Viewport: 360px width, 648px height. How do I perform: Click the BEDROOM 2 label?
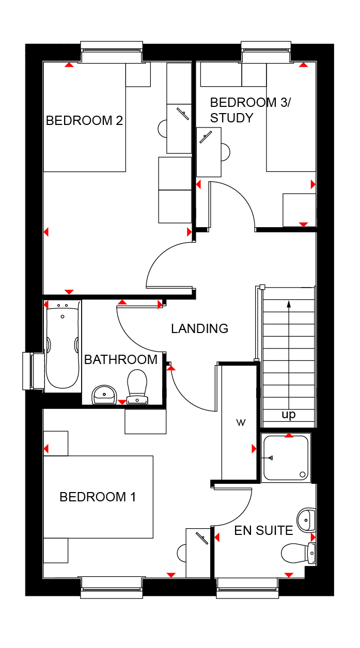[x=84, y=121]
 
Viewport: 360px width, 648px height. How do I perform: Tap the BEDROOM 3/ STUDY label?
[x=251, y=110]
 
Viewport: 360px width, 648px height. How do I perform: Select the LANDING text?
[x=200, y=328]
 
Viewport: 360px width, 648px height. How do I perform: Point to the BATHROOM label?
[x=121, y=359]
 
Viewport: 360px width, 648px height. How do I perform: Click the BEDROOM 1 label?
[x=98, y=497]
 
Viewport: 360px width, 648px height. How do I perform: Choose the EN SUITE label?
[x=263, y=531]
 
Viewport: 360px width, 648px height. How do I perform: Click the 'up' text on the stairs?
[x=289, y=415]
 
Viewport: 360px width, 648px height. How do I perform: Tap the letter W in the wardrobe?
[x=241, y=423]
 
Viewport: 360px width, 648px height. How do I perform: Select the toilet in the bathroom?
[x=137, y=387]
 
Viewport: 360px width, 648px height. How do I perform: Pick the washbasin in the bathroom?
[x=104, y=394]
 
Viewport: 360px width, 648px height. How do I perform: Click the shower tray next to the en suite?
[x=286, y=458]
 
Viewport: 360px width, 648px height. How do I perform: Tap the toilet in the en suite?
[x=299, y=553]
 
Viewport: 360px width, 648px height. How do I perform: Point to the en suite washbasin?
[x=306, y=520]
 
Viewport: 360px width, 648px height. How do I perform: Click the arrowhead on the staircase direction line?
[x=289, y=304]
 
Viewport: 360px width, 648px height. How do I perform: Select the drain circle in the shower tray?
[x=303, y=475]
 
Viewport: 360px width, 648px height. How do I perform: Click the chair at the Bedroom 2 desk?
[x=163, y=129]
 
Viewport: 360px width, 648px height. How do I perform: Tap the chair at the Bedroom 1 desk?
[x=182, y=553]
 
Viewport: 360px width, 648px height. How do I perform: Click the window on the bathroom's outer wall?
[x=33, y=371]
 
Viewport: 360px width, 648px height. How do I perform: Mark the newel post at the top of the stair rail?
[x=262, y=287]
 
